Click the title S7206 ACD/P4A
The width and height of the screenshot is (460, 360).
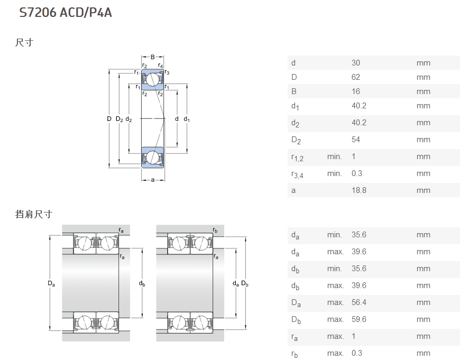(x=66, y=13)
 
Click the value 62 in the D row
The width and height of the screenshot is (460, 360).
(x=355, y=77)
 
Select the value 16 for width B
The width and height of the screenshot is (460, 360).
(x=355, y=91)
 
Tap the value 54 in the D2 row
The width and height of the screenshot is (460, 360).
(x=355, y=140)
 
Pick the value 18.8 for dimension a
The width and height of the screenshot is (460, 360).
(x=359, y=190)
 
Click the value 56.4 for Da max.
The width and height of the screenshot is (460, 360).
(x=359, y=302)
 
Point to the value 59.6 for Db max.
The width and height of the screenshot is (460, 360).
(x=359, y=319)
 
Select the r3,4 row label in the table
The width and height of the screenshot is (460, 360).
(x=297, y=174)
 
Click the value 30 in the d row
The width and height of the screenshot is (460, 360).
(x=355, y=63)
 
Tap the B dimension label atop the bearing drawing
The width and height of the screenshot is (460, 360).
(x=153, y=57)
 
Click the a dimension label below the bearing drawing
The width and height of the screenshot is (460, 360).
(x=153, y=180)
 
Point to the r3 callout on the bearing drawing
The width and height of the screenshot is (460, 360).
(x=167, y=72)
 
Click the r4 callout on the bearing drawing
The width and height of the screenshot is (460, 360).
(x=160, y=66)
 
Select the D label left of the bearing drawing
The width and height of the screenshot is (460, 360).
(x=109, y=119)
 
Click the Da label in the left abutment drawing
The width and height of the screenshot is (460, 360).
(x=51, y=283)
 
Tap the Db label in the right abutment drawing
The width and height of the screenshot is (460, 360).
(x=245, y=283)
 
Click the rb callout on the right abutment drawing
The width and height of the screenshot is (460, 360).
(x=215, y=230)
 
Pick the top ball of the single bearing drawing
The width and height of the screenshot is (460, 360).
(x=153, y=79)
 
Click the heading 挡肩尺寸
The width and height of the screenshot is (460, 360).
(x=34, y=214)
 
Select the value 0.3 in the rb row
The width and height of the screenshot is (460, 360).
(x=357, y=353)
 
